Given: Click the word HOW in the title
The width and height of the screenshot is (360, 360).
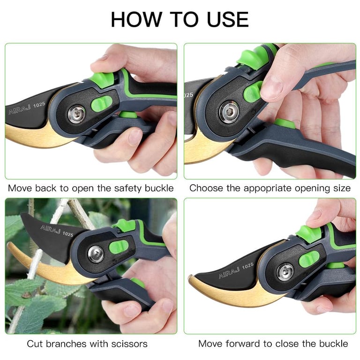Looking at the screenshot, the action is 136,19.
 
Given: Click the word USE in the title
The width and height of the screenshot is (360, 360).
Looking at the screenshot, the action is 227,19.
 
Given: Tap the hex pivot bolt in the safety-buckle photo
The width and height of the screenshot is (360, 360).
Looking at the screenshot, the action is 77,114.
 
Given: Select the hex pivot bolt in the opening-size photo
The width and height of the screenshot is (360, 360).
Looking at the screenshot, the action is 229,112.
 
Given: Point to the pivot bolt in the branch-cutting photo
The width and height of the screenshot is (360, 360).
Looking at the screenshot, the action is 96,254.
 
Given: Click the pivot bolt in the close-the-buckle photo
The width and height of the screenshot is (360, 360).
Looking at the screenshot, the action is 285,272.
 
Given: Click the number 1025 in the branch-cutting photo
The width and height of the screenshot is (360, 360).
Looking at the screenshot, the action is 67,234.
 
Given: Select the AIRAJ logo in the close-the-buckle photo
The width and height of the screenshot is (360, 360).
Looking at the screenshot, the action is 229,272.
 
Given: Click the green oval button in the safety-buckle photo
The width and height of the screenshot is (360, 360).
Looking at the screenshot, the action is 101,104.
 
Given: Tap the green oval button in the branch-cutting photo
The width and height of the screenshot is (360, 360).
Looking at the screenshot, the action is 119,247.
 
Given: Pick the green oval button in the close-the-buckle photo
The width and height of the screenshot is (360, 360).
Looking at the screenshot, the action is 309,259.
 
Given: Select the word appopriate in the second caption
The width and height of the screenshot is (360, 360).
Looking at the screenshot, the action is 267,188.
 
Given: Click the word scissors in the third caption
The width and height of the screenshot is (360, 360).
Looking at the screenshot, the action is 129,344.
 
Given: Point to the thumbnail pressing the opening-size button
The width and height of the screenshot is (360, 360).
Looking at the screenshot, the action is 272,87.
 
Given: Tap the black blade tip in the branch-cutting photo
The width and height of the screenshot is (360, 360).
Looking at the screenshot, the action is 22,214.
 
